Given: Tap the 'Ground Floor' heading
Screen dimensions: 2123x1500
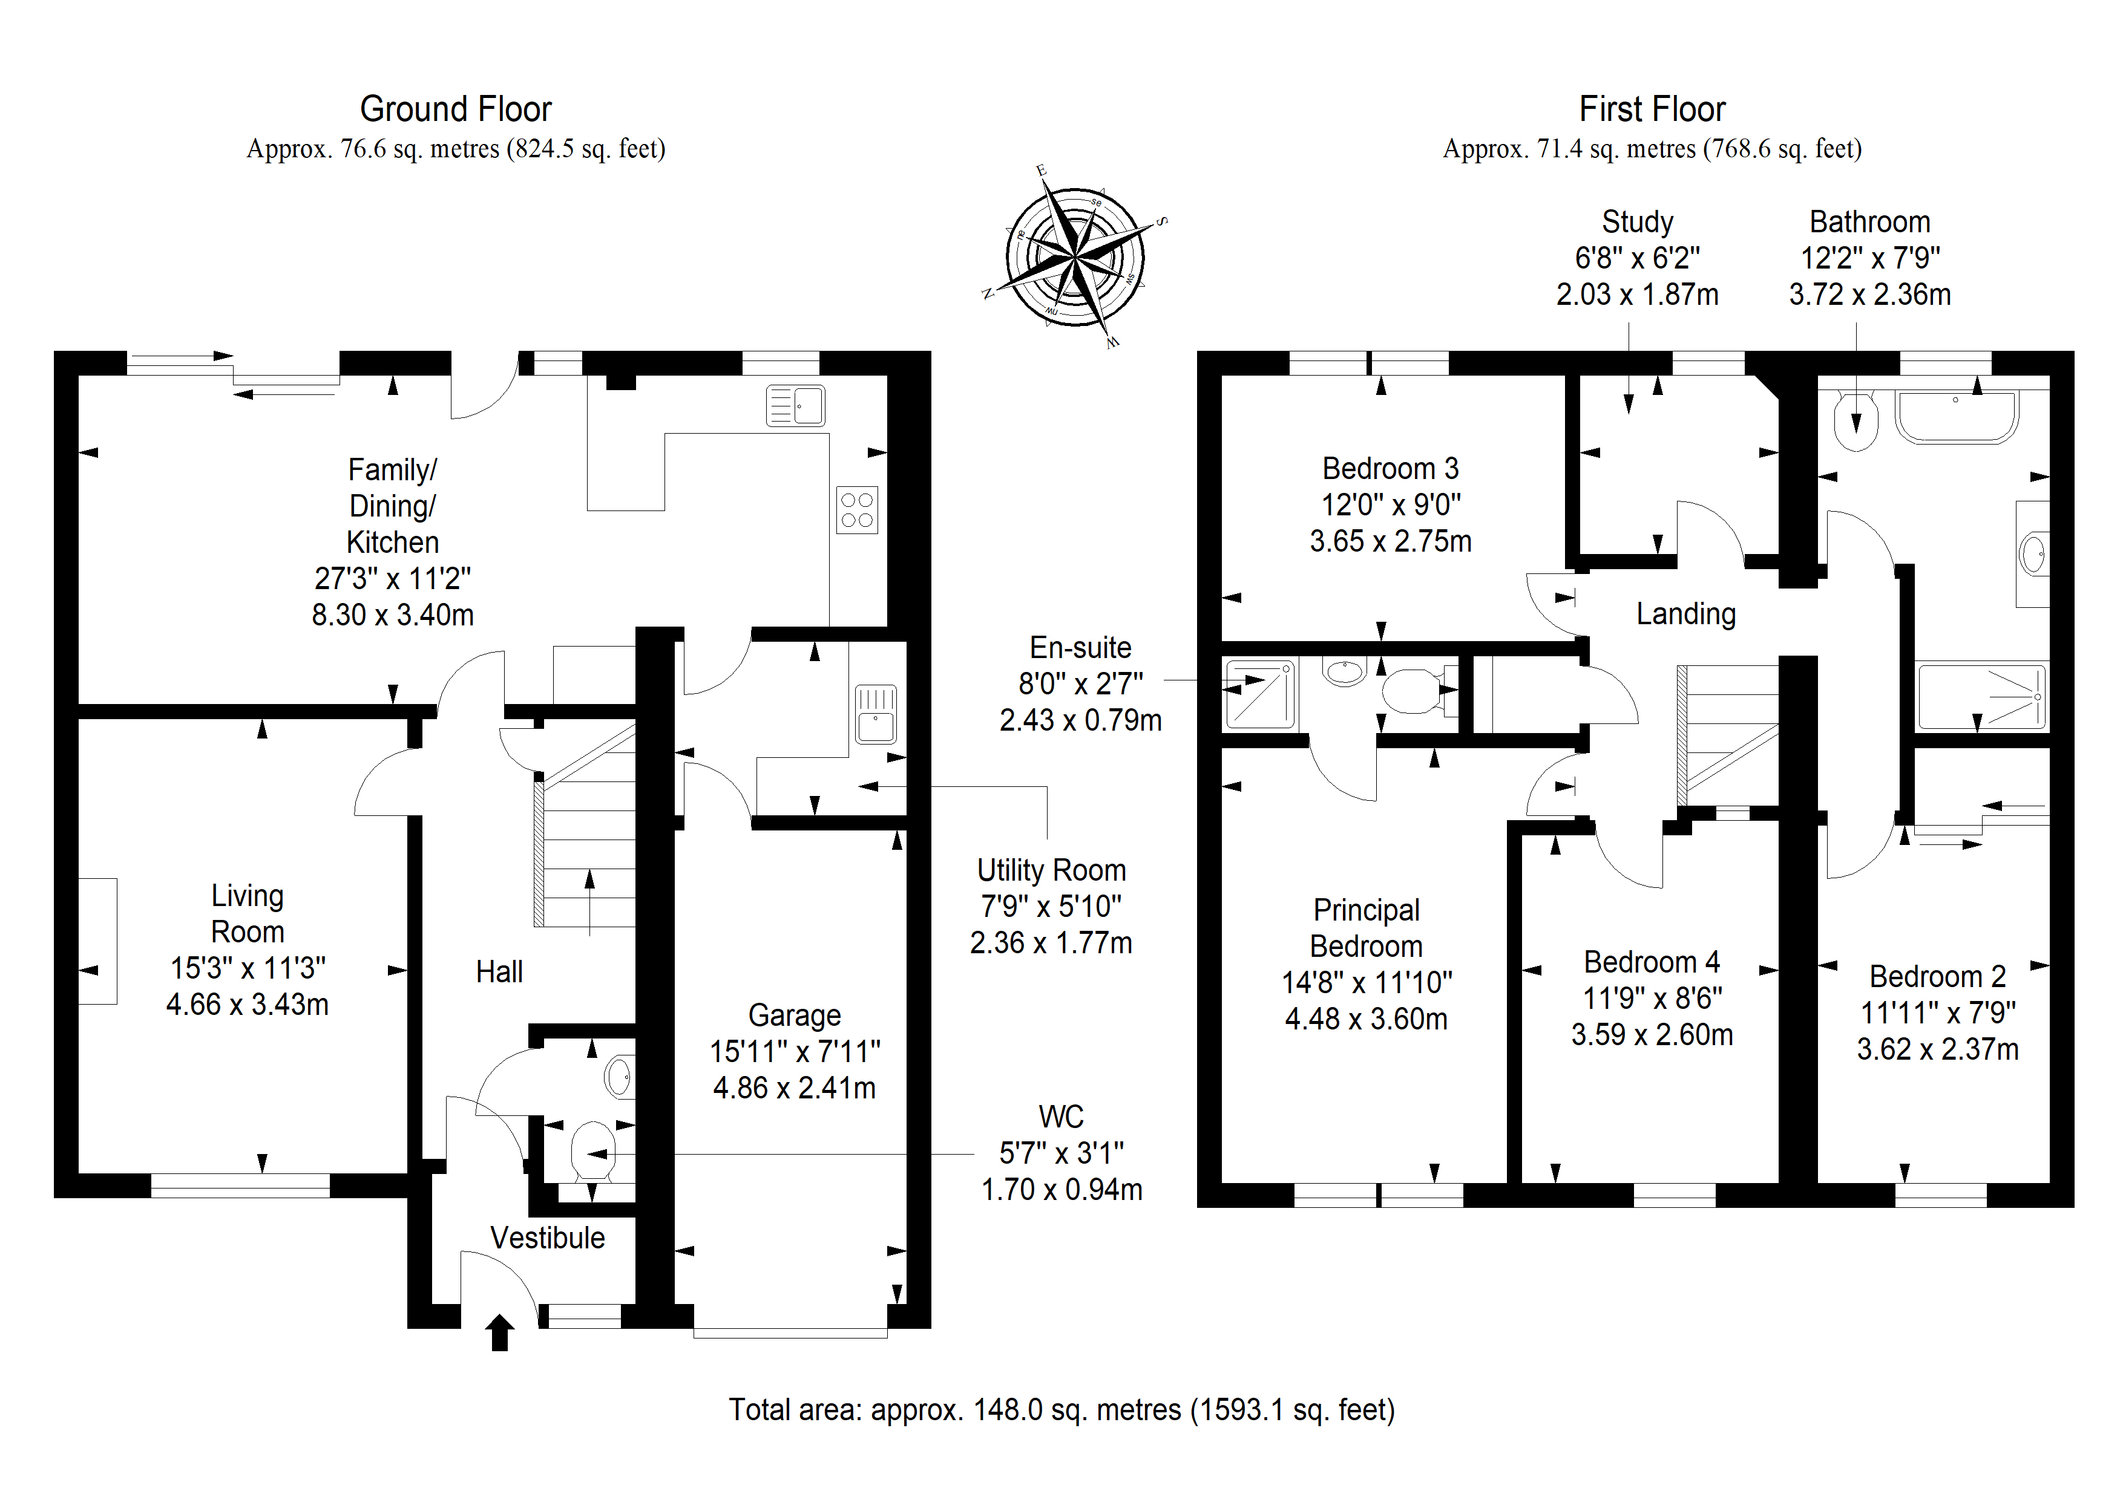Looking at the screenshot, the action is point(456,109).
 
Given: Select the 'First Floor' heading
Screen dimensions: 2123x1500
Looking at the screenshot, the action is point(1652,109).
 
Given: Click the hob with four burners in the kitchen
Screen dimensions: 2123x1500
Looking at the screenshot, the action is point(857,510).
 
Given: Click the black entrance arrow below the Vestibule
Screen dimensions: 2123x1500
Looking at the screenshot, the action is point(499,1332).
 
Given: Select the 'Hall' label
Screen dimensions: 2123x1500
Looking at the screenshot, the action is point(499,971).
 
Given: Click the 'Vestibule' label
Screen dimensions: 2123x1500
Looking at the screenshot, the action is point(548,1237).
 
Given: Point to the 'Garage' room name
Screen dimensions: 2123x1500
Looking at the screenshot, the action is point(794,1015).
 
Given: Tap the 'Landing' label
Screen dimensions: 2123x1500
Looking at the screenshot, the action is point(1685,614).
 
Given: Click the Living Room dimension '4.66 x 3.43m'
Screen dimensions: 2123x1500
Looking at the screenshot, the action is point(247,1005).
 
